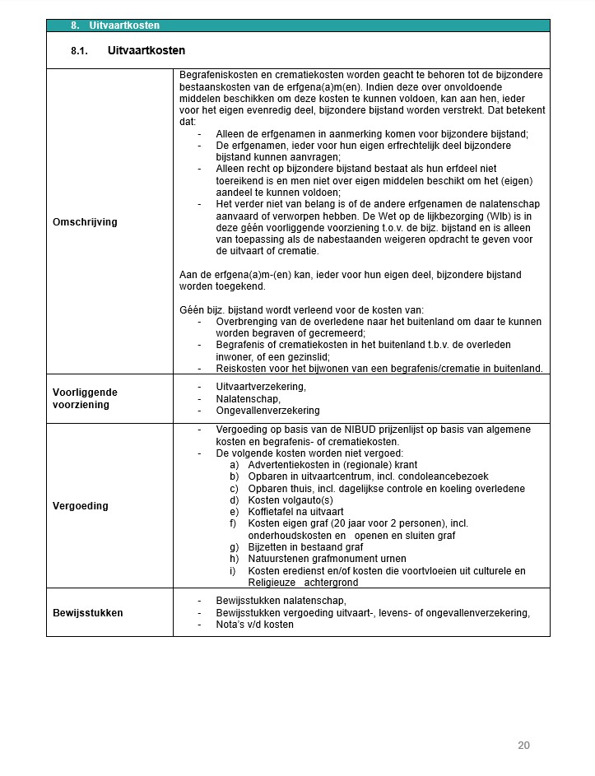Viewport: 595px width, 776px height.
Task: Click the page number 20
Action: click(x=523, y=746)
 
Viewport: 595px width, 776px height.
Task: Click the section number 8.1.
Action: click(x=79, y=51)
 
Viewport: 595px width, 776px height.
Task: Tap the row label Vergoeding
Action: click(x=81, y=505)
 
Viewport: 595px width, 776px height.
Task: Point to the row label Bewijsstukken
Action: click(x=87, y=612)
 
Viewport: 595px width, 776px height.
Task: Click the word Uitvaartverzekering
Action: click(x=260, y=386)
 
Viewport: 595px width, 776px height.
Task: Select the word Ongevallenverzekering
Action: click(x=267, y=410)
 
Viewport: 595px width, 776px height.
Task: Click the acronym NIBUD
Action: click(x=351, y=430)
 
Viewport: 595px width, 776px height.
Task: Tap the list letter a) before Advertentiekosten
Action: click(x=234, y=465)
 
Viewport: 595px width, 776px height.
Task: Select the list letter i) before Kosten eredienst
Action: click(x=233, y=571)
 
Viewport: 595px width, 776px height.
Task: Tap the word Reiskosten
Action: click(x=240, y=368)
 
